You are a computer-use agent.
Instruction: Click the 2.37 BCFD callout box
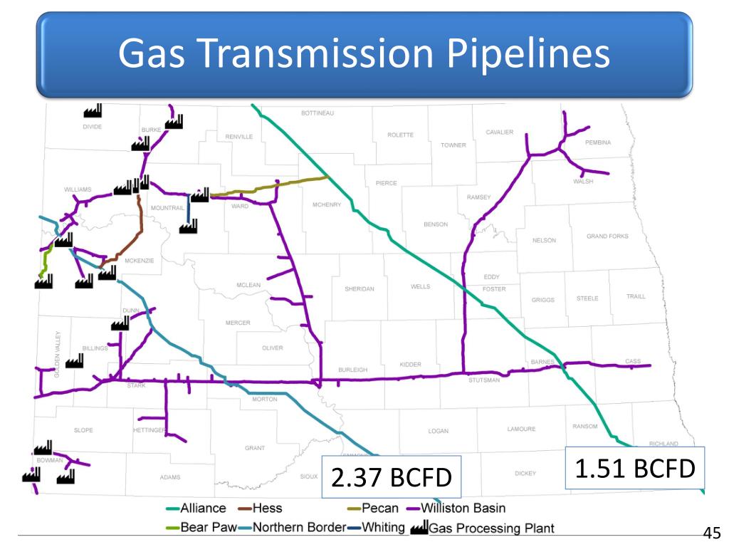coord(391,476)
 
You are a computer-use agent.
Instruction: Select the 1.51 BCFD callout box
coord(634,468)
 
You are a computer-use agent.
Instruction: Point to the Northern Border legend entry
coord(289,528)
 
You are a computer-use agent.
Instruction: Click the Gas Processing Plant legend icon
coord(419,528)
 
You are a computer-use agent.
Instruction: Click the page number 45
coord(711,533)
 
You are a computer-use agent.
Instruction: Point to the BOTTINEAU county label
coord(318,114)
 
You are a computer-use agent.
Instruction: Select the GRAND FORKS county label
coord(607,236)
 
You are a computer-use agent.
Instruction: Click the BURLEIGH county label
coord(352,370)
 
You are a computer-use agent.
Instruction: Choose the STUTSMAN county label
coord(484,380)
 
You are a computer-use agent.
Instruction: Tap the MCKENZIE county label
coord(139,261)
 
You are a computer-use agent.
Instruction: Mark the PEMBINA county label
coord(598,142)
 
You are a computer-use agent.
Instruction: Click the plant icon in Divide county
coord(93,110)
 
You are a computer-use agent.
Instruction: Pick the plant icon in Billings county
coord(74,361)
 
